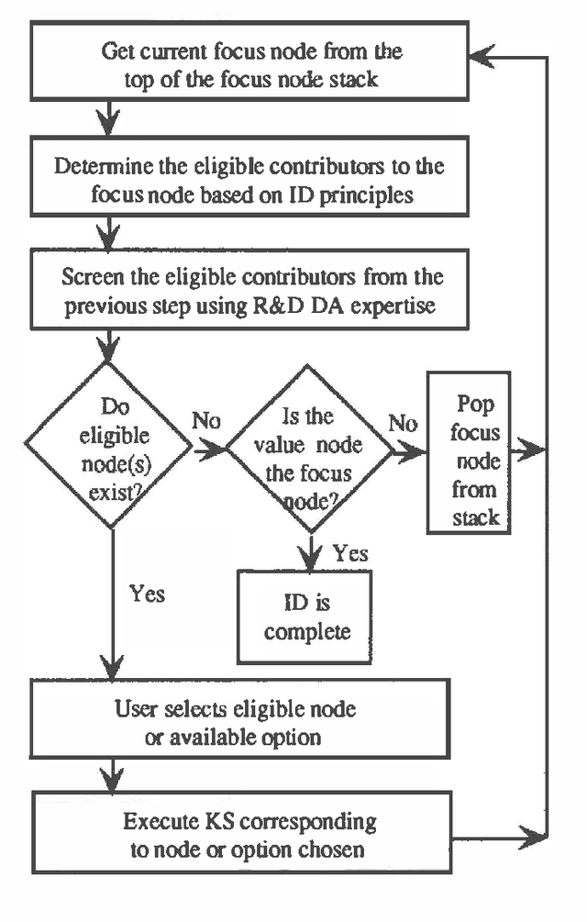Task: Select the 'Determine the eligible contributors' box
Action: pyautogui.click(x=250, y=181)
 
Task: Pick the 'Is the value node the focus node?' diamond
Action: pyautogui.click(x=309, y=449)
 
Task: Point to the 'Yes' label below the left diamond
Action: pyautogui.click(x=147, y=594)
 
